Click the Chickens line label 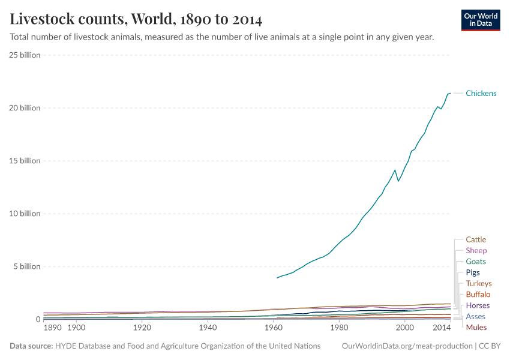point(481,93)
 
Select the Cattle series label point(476,239)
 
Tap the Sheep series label point(476,250)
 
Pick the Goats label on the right point(475,262)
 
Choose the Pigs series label point(473,272)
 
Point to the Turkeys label point(478,283)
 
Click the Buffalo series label point(478,294)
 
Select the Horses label point(478,305)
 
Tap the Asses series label point(475,316)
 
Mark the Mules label point(476,327)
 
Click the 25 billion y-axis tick point(25,55)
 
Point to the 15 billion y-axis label point(25,161)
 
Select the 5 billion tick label point(26,266)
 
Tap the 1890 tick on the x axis point(52,328)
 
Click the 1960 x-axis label point(274,328)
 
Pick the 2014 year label point(442,328)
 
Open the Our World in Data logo point(481,20)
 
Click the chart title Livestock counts point(136,19)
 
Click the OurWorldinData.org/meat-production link point(405,346)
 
